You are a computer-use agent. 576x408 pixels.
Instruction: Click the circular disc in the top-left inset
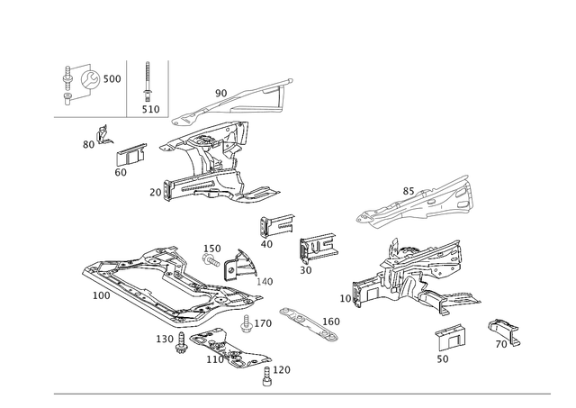[x=87, y=80]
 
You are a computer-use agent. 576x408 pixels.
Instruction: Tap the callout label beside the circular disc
[x=112, y=80]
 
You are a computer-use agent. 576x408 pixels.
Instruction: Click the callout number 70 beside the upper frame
[x=155, y=191]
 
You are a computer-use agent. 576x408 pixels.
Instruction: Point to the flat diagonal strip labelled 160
[x=306, y=322]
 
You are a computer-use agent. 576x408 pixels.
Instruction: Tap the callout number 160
[x=329, y=321]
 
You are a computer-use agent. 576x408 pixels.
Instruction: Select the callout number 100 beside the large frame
[x=101, y=295]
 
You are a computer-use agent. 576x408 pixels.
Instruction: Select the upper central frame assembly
[x=216, y=162]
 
